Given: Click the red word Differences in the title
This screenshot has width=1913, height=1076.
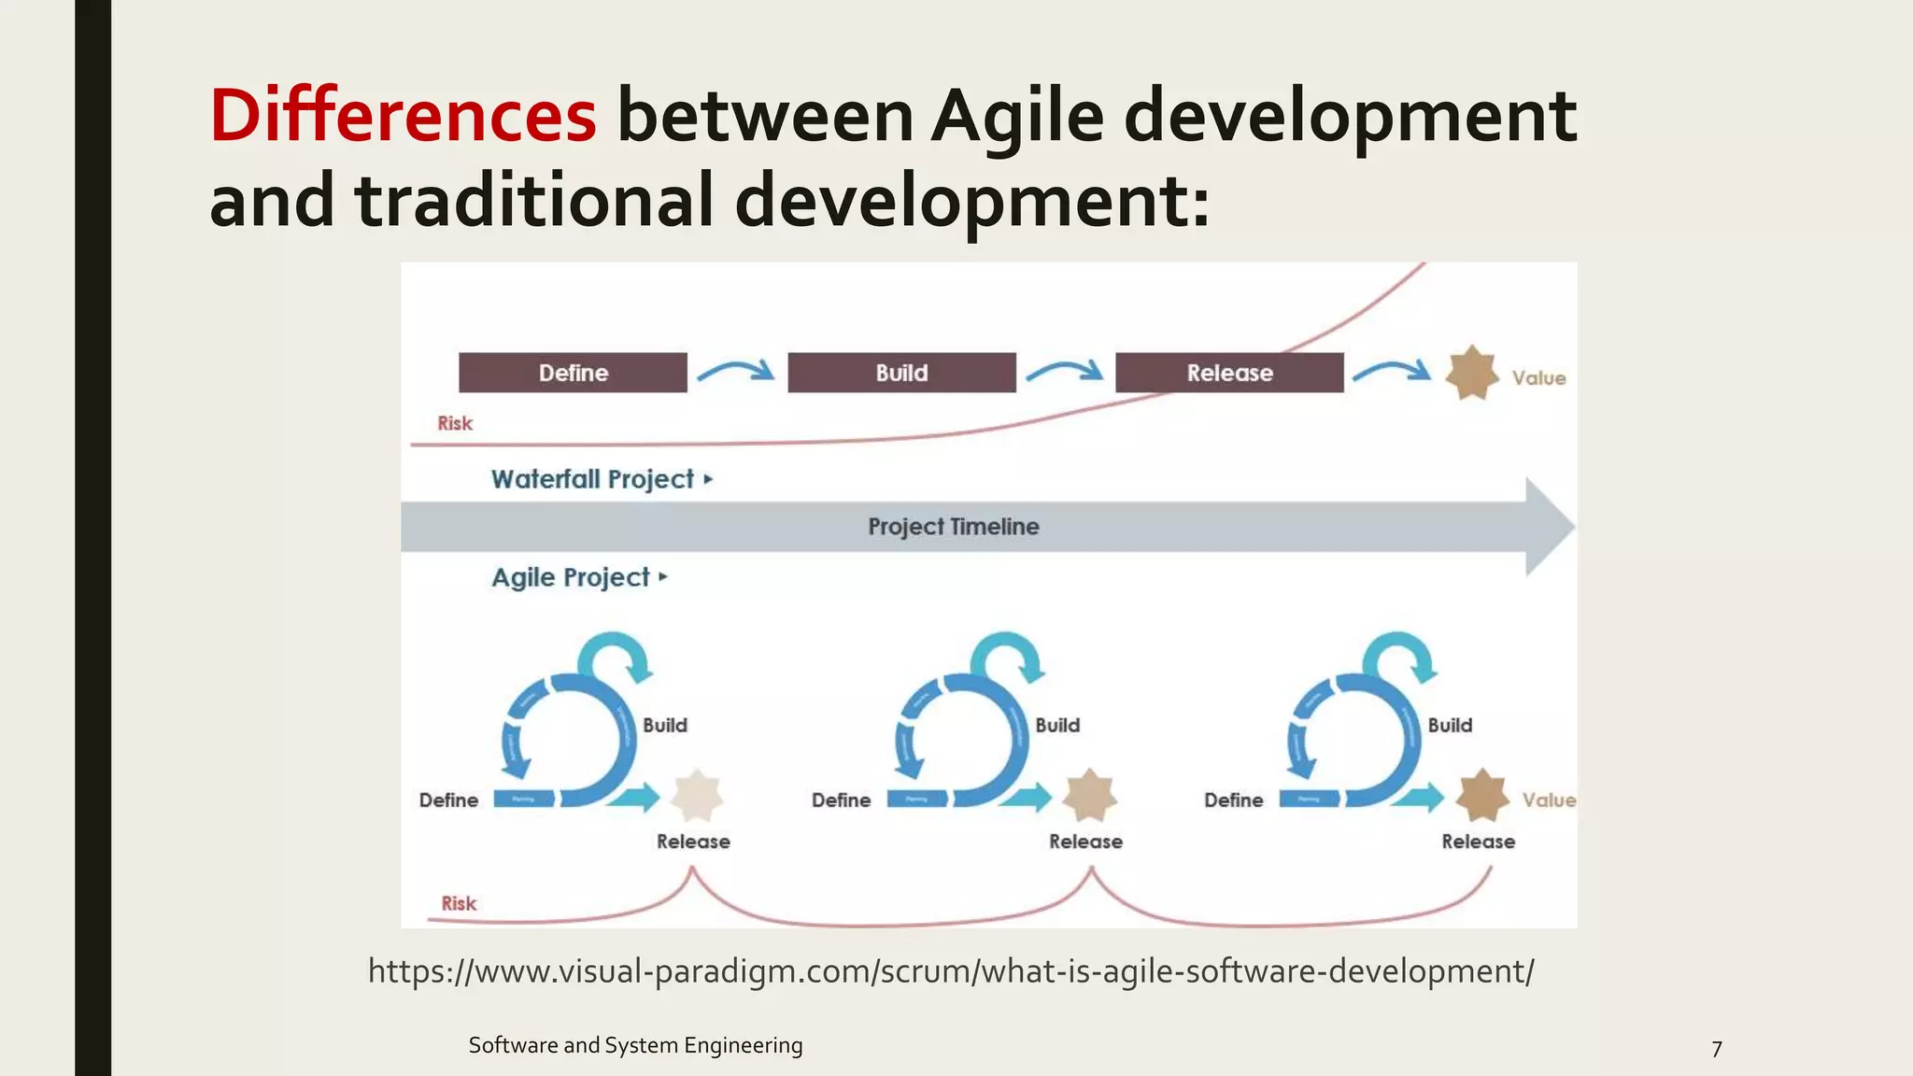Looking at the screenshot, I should point(403,116).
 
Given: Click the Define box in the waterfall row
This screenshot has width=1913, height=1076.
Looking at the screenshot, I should point(573,373).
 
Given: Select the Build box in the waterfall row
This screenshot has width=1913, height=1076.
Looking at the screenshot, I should point(901,373).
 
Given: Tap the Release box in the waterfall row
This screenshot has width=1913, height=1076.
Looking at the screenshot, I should point(1229,373).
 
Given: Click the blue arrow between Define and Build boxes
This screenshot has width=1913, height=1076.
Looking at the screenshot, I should point(736,371).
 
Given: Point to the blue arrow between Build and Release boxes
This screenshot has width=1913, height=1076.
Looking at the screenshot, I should point(1065,371).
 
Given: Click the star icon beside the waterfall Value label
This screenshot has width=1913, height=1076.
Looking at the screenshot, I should point(1471,374).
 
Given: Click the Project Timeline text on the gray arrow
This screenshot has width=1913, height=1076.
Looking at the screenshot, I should point(953,527).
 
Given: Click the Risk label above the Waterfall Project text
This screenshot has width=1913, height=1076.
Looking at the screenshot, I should point(455,423).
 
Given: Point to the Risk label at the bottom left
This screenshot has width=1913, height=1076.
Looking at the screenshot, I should point(459,903).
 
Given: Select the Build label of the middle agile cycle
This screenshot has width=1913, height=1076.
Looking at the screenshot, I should point(1057,725).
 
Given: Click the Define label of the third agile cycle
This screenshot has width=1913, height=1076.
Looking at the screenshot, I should point(1233,800).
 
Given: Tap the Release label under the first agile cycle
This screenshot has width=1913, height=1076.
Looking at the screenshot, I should point(693,842).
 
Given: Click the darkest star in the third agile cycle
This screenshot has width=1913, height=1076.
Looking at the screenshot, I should point(1481,797).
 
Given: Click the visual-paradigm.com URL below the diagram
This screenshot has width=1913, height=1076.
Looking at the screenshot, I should point(951,971).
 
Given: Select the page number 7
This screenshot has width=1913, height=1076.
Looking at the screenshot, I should point(1716,1049).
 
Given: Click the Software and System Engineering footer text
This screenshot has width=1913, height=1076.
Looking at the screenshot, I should point(635,1045).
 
